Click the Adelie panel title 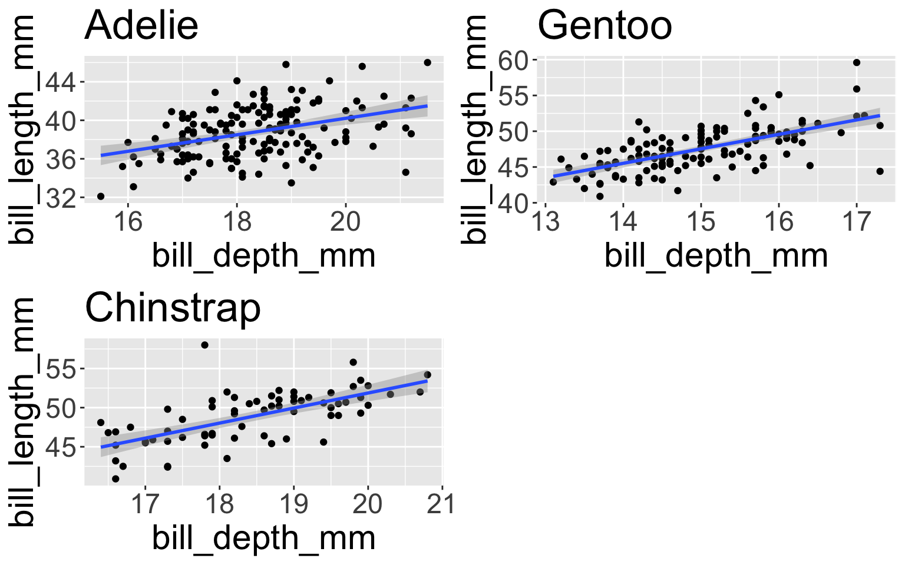141,26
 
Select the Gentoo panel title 605,26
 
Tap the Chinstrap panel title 173,308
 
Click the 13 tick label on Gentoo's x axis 546,221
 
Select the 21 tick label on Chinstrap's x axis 442,504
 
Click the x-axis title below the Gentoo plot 716,256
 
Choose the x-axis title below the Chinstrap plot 263,538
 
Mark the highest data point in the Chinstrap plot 204,345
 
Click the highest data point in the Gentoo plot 857,62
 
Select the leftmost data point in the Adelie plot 101,197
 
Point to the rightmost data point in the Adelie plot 428,62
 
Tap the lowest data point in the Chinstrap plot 115,479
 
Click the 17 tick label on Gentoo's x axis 857,221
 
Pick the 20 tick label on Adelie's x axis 345,221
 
